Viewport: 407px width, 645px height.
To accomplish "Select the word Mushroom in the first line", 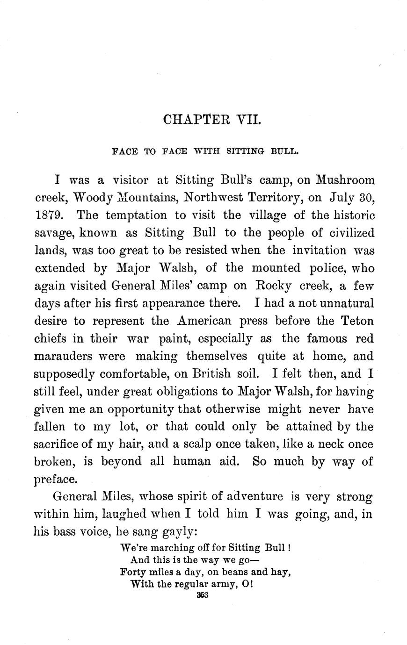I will point(345,180).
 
